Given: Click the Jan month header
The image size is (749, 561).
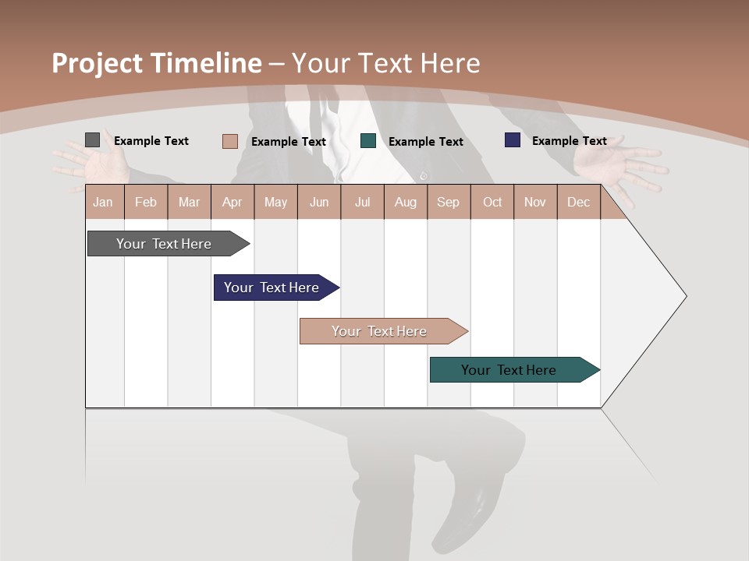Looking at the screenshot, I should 104,202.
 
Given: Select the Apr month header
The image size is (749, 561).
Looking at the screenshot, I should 233,202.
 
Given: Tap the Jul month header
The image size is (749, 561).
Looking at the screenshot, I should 362,202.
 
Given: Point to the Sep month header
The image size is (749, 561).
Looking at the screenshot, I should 448,202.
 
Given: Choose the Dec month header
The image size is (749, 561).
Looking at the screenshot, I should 578,202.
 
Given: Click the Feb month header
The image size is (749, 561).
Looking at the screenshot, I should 146,202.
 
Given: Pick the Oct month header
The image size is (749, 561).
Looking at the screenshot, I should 492,202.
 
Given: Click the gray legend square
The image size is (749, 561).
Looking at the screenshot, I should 92,140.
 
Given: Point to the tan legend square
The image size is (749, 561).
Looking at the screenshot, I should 229,141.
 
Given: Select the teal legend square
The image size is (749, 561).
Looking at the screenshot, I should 368,141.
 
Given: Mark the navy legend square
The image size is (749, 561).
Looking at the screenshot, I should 512,140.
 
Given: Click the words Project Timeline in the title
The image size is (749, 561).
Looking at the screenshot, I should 156,63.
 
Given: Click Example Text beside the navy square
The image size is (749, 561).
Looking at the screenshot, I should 569,141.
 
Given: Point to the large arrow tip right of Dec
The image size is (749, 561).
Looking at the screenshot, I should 655,296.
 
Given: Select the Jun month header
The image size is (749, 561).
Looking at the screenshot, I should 319,202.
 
